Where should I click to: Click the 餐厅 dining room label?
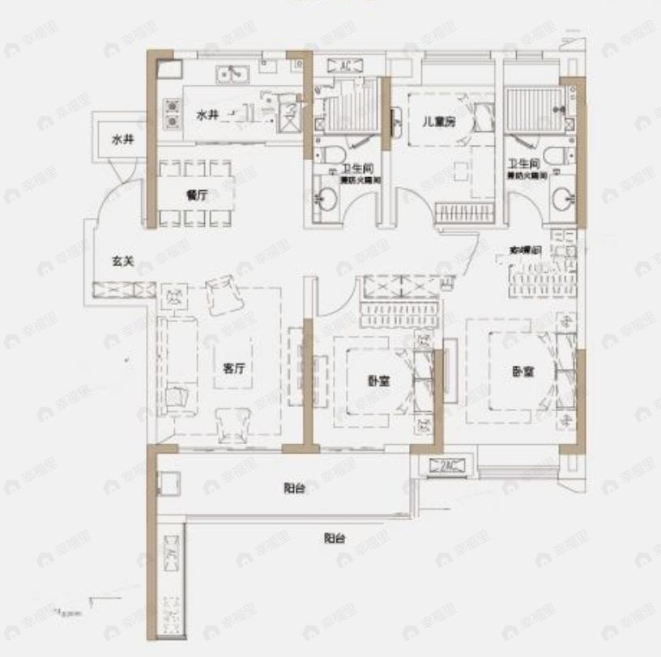(192, 195)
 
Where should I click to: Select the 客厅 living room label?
(233, 367)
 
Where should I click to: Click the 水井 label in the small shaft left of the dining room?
(122, 140)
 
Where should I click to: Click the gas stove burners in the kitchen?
(172, 113)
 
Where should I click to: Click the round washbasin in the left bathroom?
(327, 200)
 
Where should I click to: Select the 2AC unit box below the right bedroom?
(446, 464)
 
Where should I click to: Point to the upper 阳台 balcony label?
(293, 488)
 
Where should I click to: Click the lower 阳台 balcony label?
(334, 537)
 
